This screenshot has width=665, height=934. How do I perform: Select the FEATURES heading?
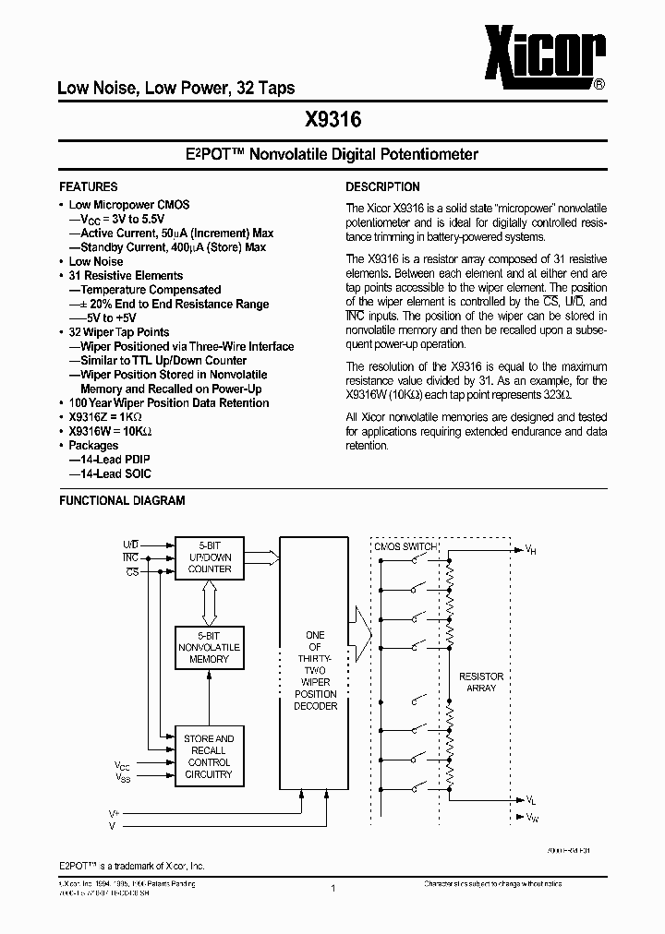point(88,186)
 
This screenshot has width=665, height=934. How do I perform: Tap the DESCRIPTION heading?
point(382,186)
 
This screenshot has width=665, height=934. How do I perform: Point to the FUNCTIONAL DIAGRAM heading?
point(122,500)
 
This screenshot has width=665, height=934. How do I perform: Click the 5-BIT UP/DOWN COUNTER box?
point(210,557)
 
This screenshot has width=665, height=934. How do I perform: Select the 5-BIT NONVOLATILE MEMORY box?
point(209,647)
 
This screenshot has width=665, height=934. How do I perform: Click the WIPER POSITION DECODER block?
point(315,671)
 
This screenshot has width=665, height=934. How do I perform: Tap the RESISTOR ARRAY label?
point(481,682)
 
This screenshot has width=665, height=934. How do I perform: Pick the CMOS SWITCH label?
point(405,547)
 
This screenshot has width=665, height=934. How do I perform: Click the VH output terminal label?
point(530,551)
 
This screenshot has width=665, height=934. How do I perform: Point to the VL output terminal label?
point(530,801)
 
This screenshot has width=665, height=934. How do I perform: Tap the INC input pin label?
point(129,557)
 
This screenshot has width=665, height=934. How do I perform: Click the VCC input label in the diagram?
point(123,766)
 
